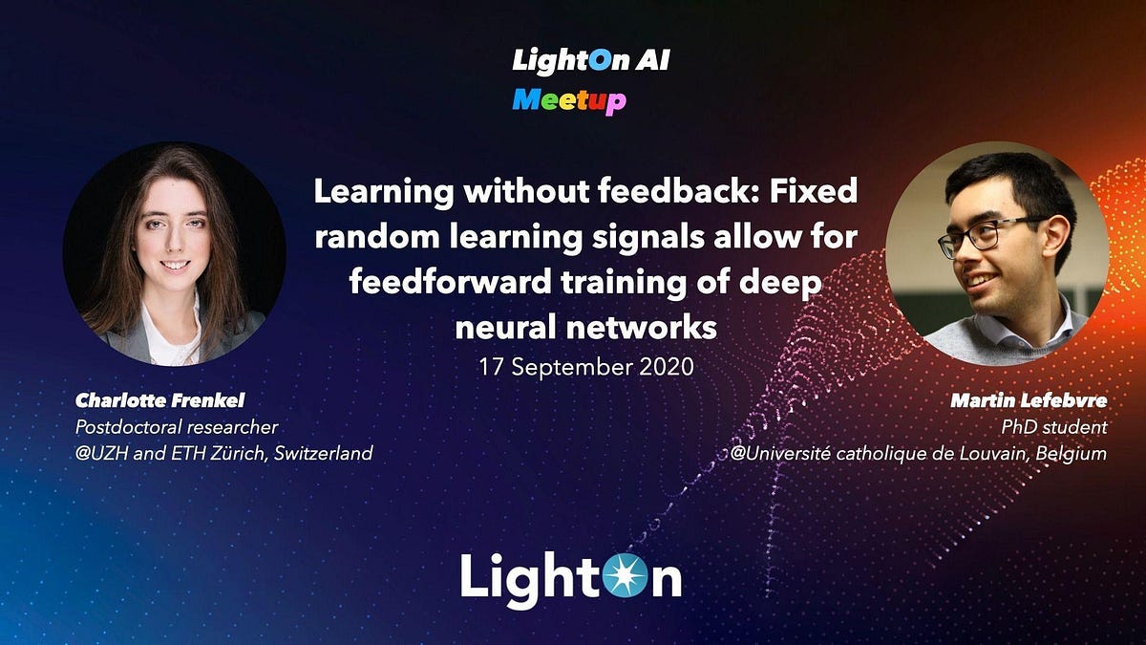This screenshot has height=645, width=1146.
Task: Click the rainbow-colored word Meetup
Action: click(569, 99)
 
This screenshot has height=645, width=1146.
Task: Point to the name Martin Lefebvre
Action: click(1029, 401)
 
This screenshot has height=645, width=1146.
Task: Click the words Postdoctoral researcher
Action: click(176, 427)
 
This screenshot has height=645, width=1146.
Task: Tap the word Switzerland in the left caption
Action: click(323, 454)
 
